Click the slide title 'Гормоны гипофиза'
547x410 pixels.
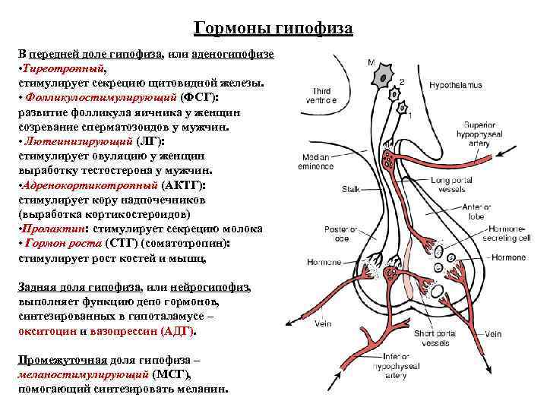(273, 28)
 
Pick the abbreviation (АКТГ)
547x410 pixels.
(183, 184)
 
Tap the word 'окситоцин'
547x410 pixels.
(46, 332)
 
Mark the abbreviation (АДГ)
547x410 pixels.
(178, 332)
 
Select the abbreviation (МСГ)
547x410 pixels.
(172, 374)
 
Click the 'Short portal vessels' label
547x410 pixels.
(435, 339)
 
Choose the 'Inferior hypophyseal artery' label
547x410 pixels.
(401, 366)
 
